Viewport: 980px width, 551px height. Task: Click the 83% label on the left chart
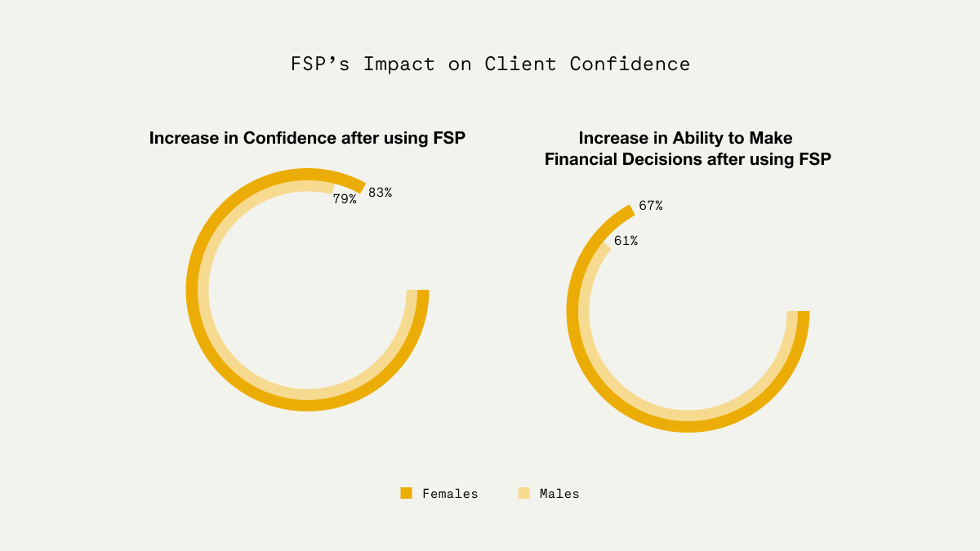click(x=380, y=193)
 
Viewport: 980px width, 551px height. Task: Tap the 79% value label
click(x=345, y=198)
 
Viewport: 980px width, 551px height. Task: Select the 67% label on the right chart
click(x=651, y=206)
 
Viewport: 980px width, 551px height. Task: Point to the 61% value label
click(x=626, y=241)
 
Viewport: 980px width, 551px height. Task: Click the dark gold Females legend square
click(x=406, y=493)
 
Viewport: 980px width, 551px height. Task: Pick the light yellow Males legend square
click(x=523, y=493)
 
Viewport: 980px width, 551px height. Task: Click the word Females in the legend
click(x=450, y=494)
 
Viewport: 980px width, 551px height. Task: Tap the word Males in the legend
click(x=559, y=494)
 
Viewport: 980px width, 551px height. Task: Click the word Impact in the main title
click(x=399, y=64)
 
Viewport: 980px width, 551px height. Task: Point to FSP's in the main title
click(x=320, y=64)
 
